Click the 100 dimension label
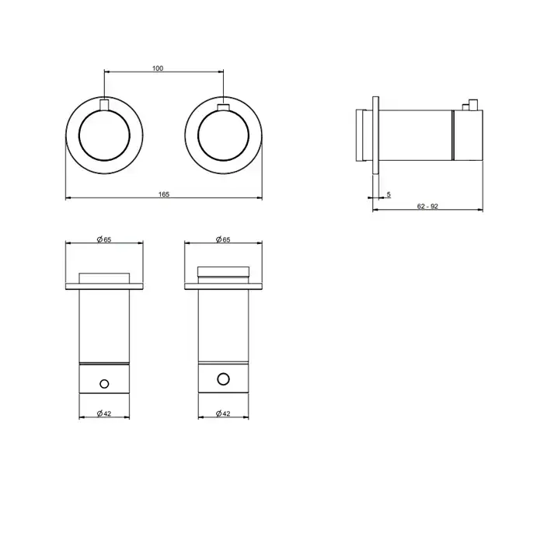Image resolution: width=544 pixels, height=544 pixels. (x=158, y=68)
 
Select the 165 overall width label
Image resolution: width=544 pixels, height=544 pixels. (x=164, y=194)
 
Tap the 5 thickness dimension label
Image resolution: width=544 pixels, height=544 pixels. (x=389, y=194)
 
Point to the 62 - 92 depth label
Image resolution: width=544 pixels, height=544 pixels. (x=427, y=207)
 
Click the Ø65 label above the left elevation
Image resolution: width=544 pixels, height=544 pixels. (x=104, y=239)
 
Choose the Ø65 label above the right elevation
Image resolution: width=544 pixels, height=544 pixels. (x=223, y=239)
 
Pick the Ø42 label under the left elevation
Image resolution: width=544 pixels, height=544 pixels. (x=104, y=413)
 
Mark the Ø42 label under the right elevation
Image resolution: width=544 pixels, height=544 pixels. (x=223, y=413)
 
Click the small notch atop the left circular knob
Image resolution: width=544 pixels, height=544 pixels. (x=104, y=105)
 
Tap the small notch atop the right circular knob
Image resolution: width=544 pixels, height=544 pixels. (x=223, y=107)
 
